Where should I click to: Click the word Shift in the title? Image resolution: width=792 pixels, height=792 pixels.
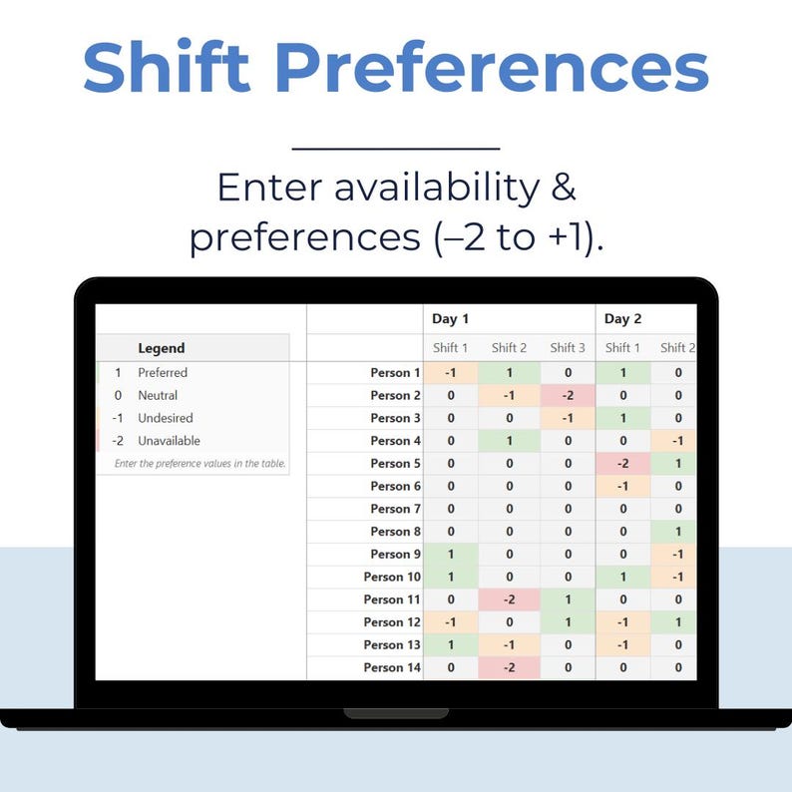[169, 68]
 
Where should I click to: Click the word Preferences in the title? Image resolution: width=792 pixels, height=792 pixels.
[492, 68]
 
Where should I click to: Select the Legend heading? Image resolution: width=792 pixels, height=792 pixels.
[162, 348]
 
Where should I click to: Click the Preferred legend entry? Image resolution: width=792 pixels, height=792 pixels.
[163, 372]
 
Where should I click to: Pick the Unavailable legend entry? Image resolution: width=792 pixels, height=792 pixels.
[169, 441]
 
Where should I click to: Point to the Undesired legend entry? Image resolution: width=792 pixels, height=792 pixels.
[166, 418]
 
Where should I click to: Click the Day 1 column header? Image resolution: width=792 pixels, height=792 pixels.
[450, 319]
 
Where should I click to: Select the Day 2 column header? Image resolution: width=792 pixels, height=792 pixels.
[622, 319]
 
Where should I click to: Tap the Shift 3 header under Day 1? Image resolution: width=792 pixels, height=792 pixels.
[568, 348]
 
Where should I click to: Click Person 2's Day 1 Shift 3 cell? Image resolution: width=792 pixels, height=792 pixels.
[568, 395]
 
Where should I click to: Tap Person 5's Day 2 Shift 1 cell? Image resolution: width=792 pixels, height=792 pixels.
[622, 463]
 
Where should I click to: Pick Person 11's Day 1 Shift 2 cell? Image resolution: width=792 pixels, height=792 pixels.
[509, 599]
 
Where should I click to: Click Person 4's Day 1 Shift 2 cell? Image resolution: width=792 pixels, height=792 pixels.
[509, 441]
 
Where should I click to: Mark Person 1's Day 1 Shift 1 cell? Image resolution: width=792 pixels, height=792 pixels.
[451, 373]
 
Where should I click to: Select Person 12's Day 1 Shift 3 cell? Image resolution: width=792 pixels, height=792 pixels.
[568, 622]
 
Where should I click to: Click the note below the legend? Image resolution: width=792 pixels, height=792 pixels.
[199, 464]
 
